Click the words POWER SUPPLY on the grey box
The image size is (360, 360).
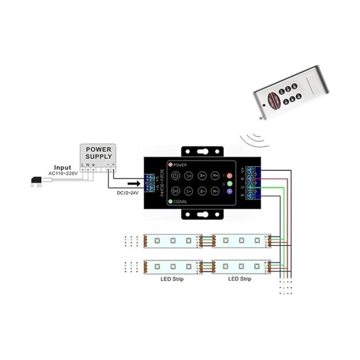[99, 153]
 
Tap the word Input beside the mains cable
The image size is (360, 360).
[62, 168]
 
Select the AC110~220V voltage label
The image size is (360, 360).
[63, 173]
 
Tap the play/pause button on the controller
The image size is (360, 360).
[176, 191]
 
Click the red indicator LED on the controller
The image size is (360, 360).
[229, 176]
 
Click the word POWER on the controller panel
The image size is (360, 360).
[181, 164]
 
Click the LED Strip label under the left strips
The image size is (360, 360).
[171, 279]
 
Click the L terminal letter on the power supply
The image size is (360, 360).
[83, 164]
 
